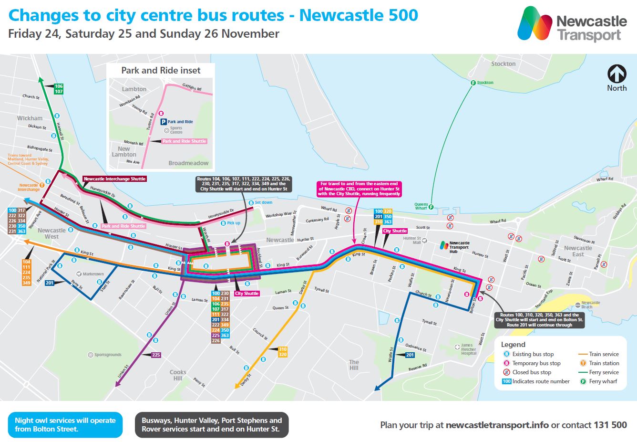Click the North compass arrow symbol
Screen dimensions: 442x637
pyautogui.click(x=616, y=74)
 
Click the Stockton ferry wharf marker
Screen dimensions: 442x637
pyautogui.click(x=473, y=83)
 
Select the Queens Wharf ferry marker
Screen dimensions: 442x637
pyautogui.click(x=431, y=207)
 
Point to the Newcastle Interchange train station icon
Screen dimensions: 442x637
pyautogui.click(x=42, y=185)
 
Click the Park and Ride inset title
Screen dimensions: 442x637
pyautogui.click(x=161, y=71)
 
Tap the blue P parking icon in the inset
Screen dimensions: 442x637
pyautogui.click(x=163, y=122)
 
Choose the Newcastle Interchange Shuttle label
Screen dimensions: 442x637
pyautogui.click(x=114, y=179)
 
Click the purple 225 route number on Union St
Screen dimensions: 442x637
pyautogui.click(x=156, y=355)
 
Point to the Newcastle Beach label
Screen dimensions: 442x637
pyautogui.click(x=590, y=305)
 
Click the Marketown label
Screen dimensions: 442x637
pyautogui.click(x=92, y=274)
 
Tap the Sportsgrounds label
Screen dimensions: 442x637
pyautogui.click(x=107, y=355)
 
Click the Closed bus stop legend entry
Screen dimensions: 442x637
pyautogui.click(x=531, y=372)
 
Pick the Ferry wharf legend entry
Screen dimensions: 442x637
pyautogui.click(x=603, y=381)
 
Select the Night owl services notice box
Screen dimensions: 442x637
pyautogui.click(x=65, y=425)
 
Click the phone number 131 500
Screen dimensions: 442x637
pyautogui.click(x=610, y=425)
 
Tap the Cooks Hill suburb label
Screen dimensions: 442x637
pyautogui.click(x=178, y=375)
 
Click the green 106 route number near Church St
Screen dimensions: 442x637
pyautogui.click(x=59, y=86)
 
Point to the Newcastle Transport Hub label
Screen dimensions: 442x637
pyautogui.click(x=459, y=247)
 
